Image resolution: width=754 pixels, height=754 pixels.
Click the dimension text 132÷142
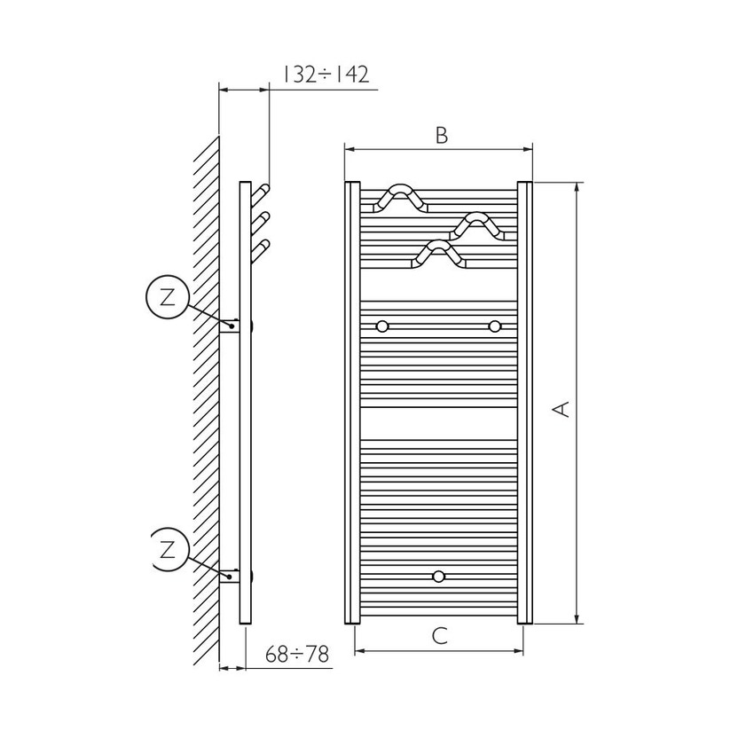coord(326,74)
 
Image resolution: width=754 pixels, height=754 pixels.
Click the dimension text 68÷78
coord(297,655)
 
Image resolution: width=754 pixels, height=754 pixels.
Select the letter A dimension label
coord(561,408)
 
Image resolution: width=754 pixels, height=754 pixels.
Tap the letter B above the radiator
coord(441,135)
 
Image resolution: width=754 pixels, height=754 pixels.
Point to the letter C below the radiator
coord(439,635)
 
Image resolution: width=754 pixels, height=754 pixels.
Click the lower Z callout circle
coord(168,550)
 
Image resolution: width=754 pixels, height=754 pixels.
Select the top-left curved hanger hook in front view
coord(401,199)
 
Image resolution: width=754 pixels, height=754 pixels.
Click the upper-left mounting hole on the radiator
coord(382,326)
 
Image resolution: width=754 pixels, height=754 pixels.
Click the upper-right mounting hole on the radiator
coord(494,326)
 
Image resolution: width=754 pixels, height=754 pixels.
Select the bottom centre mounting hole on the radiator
coord(438,577)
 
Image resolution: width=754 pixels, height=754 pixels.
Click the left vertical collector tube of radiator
coord(351,404)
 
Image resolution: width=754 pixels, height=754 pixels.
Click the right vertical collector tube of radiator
coord(524,404)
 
